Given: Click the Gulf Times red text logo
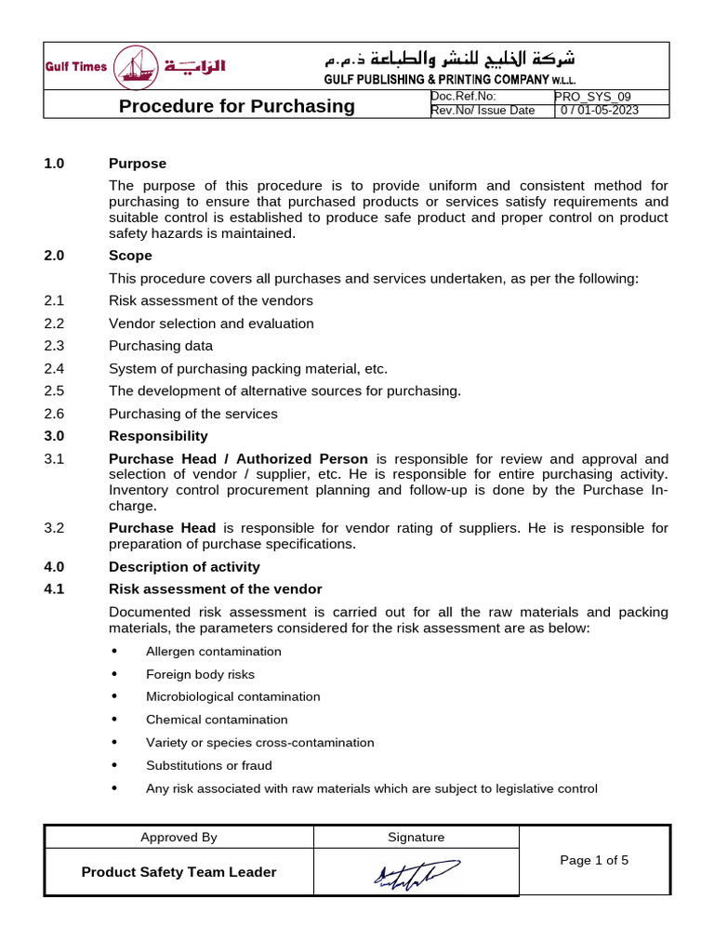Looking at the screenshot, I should (x=76, y=67).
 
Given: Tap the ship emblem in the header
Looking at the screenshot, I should (x=136, y=68).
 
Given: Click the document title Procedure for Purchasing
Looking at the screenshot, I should (x=237, y=106).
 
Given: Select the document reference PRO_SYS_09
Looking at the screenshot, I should (x=591, y=97).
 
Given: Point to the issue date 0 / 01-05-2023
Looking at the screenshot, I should (x=601, y=111).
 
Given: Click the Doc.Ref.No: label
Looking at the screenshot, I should (x=464, y=97).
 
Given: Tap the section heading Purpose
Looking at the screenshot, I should (x=138, y=164).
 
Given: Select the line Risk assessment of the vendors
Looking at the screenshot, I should (x=211, y=300).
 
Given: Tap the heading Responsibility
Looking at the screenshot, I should (x=158, y=436).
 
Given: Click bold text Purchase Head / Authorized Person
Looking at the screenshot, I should (x=238, y=459).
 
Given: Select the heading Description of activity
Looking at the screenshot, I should (x=184, y=566).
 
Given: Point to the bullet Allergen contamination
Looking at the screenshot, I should (x=213, y=651).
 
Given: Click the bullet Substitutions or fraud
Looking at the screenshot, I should (x=208, y=765).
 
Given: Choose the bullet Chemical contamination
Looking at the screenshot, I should (x=217, y=720).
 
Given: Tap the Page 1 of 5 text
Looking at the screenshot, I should (x=594, y=860).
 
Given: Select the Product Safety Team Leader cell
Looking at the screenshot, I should (x=178, y=872).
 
